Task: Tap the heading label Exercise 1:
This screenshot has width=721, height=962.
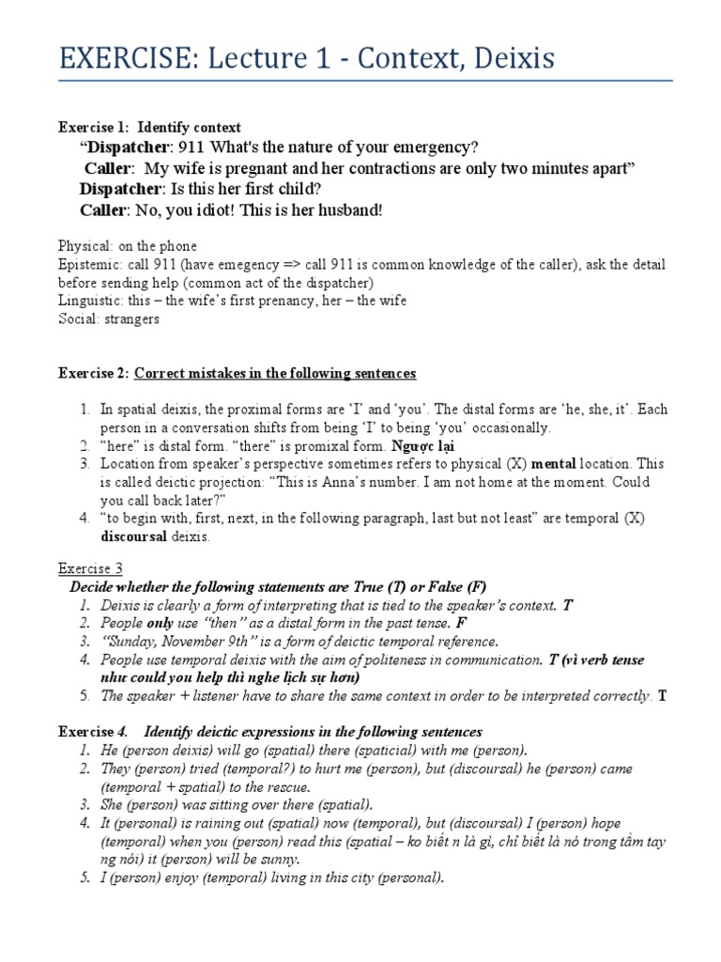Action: [94, 128]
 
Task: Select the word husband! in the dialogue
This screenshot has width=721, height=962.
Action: [349, 209]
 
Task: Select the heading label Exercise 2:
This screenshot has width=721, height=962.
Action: [94, 374]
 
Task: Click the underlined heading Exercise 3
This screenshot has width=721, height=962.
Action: [91, 569]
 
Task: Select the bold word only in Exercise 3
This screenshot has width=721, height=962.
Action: [156, 623]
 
